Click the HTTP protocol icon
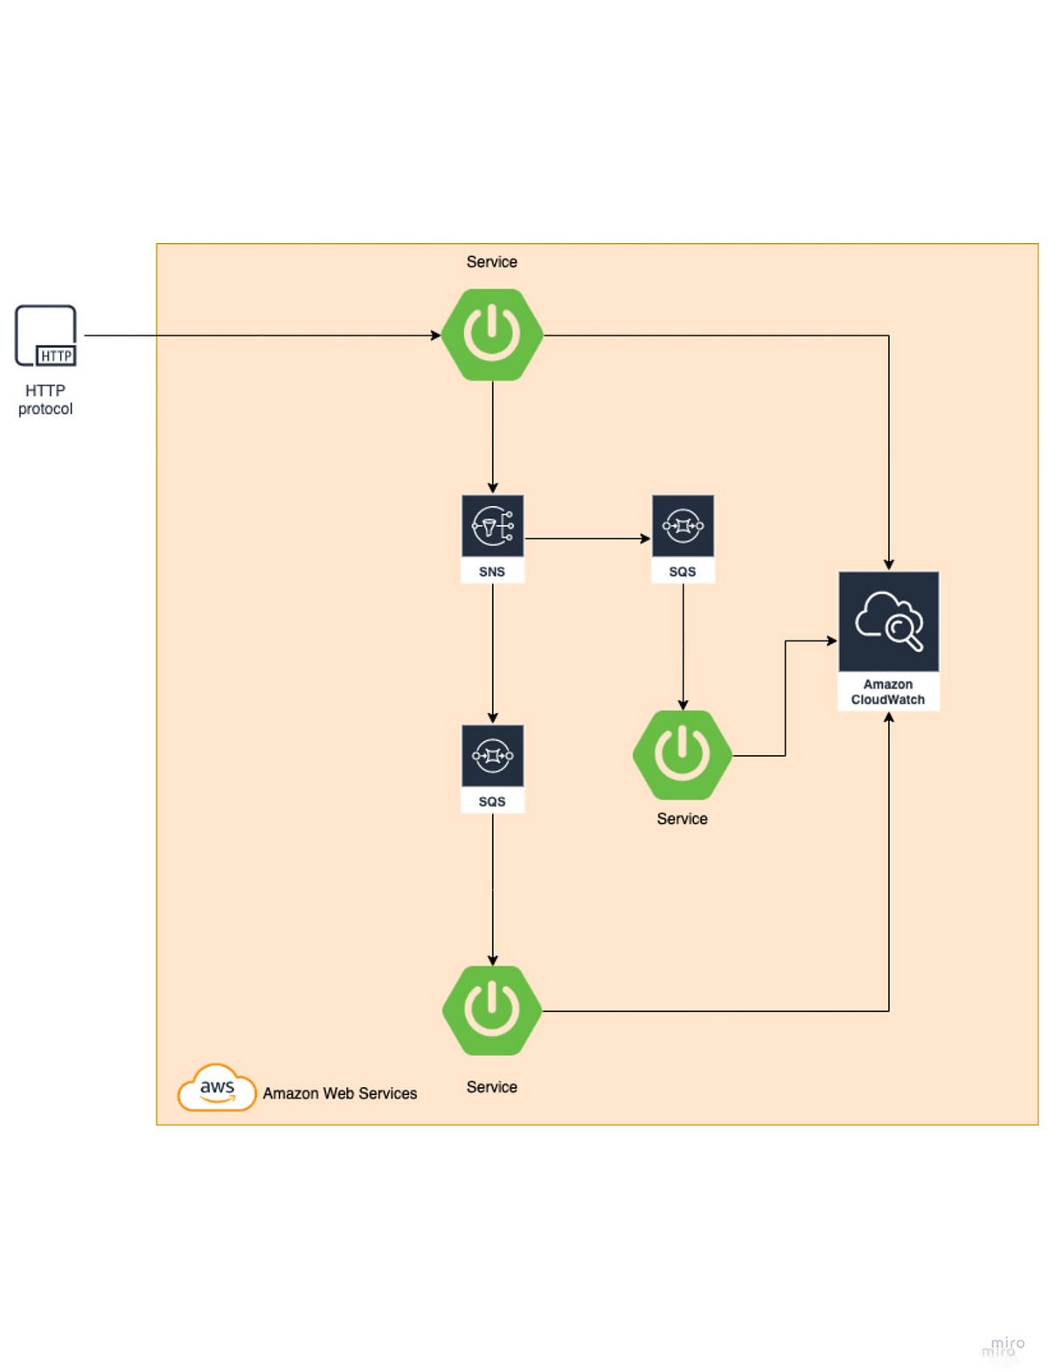45,336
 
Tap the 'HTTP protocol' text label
45,399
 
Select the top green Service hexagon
492,335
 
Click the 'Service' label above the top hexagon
491,262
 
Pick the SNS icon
492,526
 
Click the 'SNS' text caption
492,572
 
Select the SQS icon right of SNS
683,526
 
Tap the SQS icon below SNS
492,756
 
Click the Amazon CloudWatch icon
888,622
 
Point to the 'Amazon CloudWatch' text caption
888,692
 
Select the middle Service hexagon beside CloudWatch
683,755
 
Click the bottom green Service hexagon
492,1010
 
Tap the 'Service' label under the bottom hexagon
491,1087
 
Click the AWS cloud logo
217,1088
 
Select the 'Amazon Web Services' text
340,1093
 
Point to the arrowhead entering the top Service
435,335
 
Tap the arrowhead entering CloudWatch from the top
888,565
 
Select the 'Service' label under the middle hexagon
682,819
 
